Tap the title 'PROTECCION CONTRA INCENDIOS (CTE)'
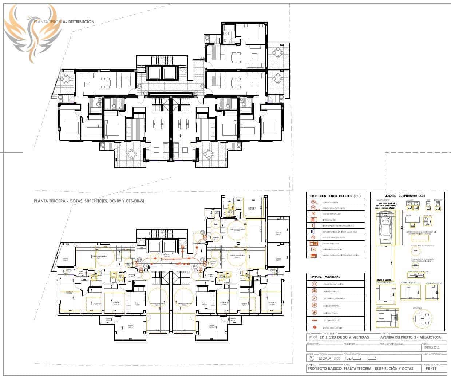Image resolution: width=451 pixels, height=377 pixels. pos(335,196)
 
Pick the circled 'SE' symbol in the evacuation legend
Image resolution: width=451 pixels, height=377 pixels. pos(314,291)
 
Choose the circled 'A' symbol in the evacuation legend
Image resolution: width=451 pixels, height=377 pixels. pos(314,298)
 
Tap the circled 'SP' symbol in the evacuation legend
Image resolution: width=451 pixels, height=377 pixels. pos(314,313)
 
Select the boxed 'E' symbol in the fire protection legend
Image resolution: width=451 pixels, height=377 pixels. pos(313,250)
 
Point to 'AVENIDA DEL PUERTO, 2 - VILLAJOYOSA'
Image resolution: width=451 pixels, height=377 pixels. pos(410,337)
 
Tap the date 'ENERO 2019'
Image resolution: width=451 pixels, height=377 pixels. pos(432,348)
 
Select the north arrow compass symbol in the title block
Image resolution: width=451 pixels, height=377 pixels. pos(310,358)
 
